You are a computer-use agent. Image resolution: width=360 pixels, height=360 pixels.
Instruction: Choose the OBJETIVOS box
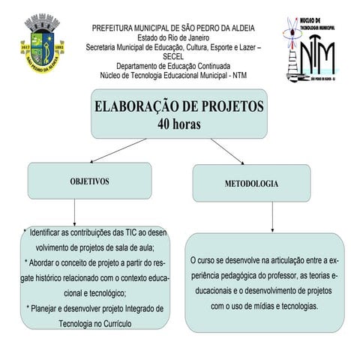coord(89,181)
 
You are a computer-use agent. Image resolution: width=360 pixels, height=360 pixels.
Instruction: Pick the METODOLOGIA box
coord(251,183)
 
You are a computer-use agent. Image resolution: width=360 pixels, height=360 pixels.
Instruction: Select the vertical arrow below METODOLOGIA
coord(271,217)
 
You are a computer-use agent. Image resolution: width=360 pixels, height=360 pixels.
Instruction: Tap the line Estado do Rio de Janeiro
coord(173,37)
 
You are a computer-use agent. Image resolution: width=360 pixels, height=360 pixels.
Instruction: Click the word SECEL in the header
coord(173,55)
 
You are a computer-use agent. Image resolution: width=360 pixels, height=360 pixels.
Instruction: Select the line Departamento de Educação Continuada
coord(173,65)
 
